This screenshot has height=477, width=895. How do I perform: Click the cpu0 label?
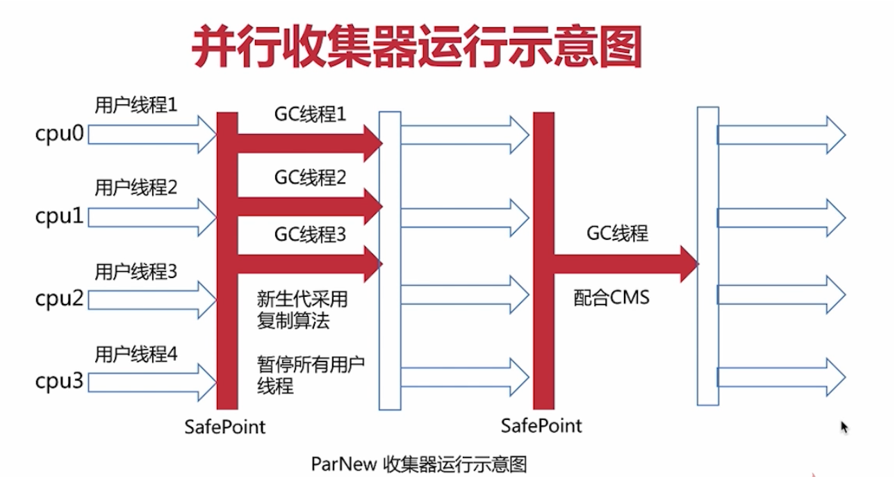click(59, 134)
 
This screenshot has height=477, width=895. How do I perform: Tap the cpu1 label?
click(59, 217)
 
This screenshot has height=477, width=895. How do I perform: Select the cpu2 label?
click(59, 300)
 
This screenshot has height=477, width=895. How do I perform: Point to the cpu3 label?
click(59, 382)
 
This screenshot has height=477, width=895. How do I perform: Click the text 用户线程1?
click(136, 106)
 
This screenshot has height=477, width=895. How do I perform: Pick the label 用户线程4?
click(136, 355)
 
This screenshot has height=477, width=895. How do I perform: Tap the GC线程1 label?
click(310, 115)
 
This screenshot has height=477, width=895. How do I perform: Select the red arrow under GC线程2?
click(309, 206)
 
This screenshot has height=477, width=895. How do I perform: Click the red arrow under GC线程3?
click(309, 263)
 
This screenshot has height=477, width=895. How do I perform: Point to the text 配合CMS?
click(611, 298)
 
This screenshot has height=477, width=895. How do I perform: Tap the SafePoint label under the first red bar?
click(225, 426)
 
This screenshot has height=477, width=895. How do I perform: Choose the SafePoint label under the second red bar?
click(541, 425)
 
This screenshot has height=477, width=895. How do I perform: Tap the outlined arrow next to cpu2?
click(153, 300)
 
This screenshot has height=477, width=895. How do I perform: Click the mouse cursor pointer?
click(844, 426)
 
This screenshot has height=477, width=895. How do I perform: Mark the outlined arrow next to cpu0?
click(153, 134)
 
